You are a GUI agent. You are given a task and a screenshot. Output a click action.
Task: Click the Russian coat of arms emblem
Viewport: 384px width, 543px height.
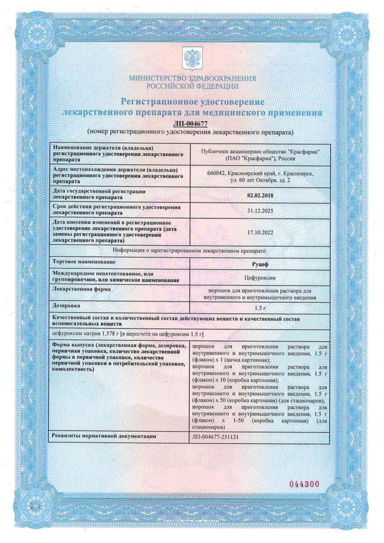click(192, 58)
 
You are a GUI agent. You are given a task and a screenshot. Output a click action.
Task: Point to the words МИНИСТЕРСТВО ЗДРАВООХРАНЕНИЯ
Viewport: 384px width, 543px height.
click(192, 78)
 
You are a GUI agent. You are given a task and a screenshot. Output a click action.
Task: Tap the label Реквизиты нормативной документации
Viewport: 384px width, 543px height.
click(104, 436)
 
